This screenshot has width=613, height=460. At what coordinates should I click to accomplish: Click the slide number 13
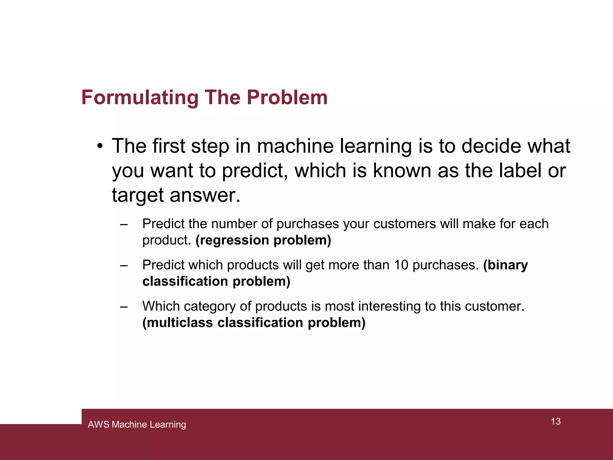pyautogui.click(x=556, y=421)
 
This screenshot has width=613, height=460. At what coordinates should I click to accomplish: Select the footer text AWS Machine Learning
pyautogui.click(x=137, y=424)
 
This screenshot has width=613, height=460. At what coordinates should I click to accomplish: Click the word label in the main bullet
pyautogui.click(x=520, y=171)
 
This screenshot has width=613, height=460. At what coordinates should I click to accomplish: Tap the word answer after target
pyautogui.click(x=205, y=195)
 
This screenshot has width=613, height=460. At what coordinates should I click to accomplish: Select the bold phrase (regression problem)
pyautogui.click(x=263, y=240)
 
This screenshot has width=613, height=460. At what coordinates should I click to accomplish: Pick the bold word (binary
pyautogui.click(x=506, y=265)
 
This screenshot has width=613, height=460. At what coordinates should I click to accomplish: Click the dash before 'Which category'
pyautogui.click(x=124, y=307)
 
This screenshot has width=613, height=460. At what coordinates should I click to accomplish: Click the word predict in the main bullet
pyautogui.click(x=254, y=171)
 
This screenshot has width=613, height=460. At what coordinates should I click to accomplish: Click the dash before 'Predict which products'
pyautogui.click(x=124, y=266)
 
